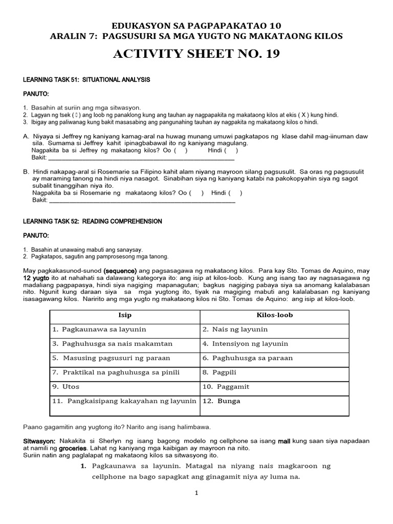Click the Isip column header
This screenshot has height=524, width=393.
coord(125,315)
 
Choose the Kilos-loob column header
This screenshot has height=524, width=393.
coord(275,315)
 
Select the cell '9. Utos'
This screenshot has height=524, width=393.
coord(66,387)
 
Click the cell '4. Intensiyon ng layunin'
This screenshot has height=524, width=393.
coord(245,344)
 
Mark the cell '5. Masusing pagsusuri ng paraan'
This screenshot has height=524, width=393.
coord(111,358)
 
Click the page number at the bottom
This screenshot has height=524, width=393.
coord(196,493)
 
